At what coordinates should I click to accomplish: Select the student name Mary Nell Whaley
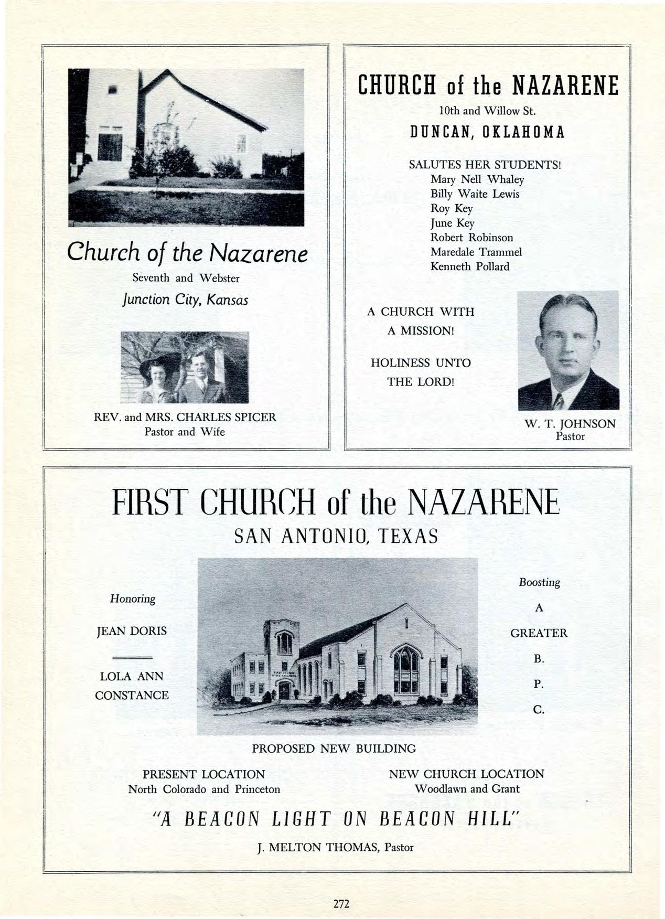[477, 179]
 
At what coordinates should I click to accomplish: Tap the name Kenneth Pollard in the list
[469, 266]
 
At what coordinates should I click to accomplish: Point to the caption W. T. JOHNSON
[570, 423]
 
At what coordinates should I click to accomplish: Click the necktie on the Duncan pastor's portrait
[559, 401]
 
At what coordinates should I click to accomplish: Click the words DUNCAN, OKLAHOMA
[487, 132]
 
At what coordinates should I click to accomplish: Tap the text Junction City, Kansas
[184, 300]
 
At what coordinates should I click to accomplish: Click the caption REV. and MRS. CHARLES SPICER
[184, 418]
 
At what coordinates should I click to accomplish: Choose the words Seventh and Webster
[186, 278]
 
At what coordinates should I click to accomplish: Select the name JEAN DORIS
[132, 631]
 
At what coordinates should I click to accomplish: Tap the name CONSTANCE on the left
[132, 696]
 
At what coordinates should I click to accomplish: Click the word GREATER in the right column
[539, 633]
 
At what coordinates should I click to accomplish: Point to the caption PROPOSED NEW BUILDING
[334, 749]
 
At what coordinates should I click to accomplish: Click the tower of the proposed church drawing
[282, 650]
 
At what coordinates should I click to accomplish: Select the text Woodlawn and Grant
[467, 789]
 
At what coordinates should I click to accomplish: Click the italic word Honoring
[133, 599]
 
